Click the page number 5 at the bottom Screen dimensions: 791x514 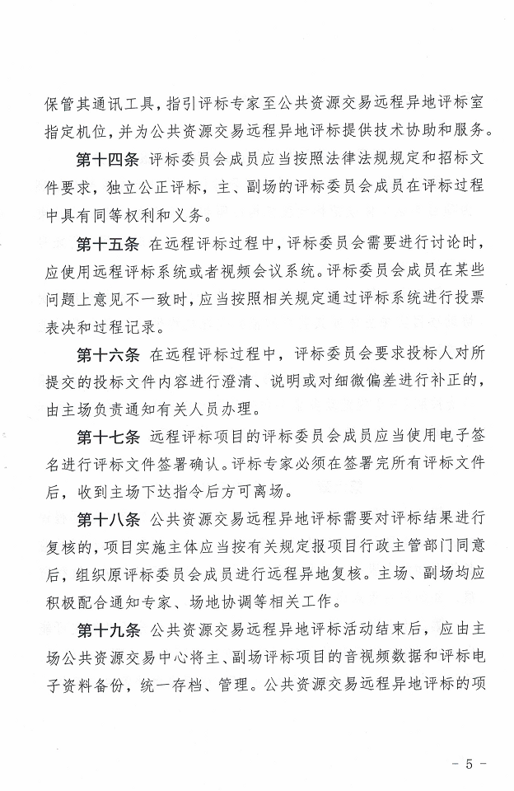tap(470, 764)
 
